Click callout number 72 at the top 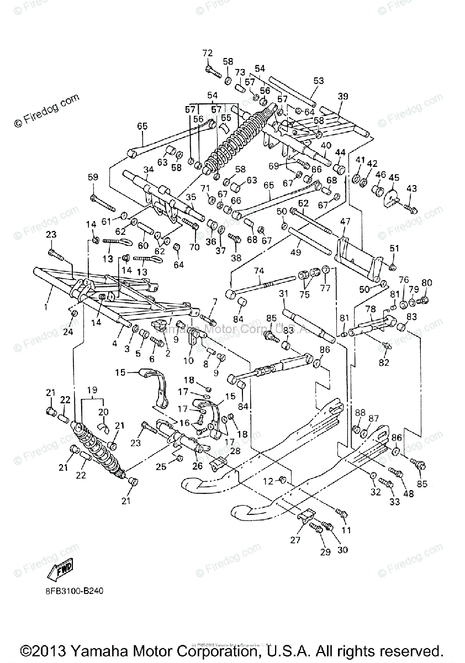(x=207, y=53)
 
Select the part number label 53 (x=318, y=81)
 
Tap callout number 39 (x=358, y=96)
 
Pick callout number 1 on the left (x=47, y=304)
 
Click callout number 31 (x=283, y=293)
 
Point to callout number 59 (x=93, y=177)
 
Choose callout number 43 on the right (x=410, y=188)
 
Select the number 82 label (x=383, y=362)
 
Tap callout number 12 (x=268, y=481)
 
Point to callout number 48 (x=408, y=493)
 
